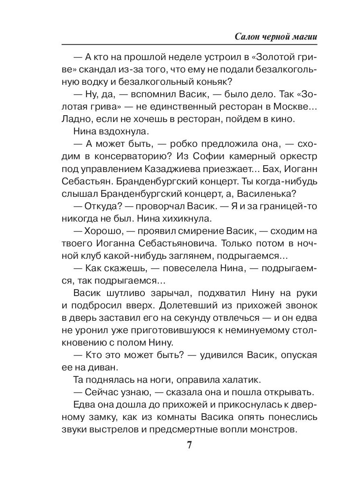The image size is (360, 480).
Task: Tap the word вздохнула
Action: (x=120, y=131)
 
